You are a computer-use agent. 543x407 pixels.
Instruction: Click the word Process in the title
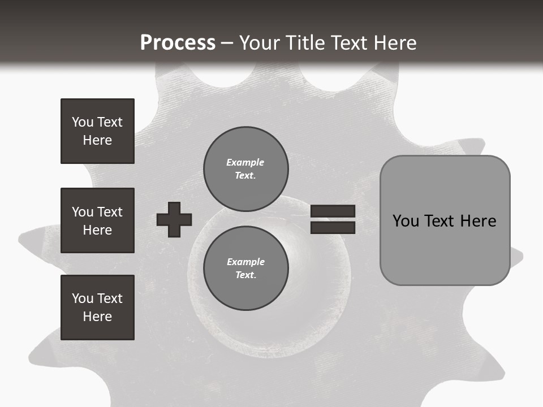[178, 43]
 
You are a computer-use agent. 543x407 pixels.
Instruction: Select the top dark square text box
[97, 131]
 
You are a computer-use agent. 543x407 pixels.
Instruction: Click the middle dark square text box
[97, 220]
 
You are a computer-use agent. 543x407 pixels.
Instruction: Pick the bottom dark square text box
[97, 308]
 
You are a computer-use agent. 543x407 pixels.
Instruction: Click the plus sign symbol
[174, 219]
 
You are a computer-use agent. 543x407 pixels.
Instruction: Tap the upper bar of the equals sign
[333, 211]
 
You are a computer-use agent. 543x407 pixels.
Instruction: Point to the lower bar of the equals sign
[333, 227]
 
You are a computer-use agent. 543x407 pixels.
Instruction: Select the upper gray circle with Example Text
[245, 168]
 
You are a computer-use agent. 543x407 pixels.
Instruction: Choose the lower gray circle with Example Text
[245, 268]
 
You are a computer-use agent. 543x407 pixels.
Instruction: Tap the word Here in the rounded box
[478, 221]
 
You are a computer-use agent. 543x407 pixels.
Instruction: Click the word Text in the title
[347, 43]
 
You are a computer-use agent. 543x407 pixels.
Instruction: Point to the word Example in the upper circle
[245, 162]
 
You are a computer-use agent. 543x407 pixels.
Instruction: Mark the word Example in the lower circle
[245, 262]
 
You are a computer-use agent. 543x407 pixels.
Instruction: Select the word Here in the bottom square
[97, 317]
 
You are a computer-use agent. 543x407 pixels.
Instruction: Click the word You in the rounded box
[406, 221]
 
